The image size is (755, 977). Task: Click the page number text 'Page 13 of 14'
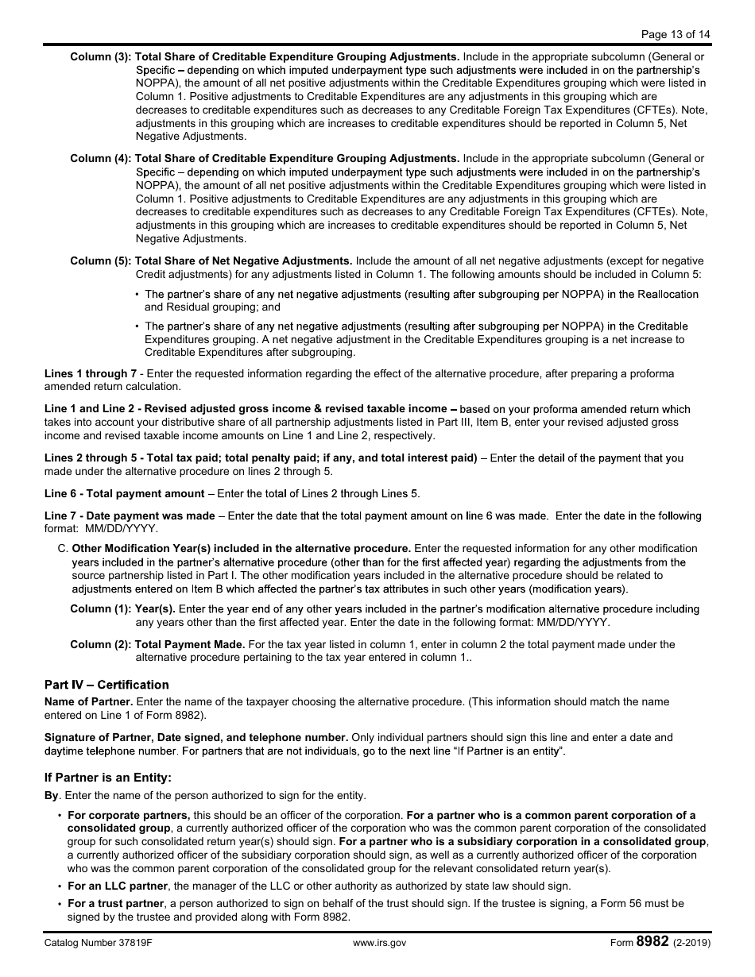[x=675, y=33]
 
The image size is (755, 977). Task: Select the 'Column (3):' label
[x=101, y=57]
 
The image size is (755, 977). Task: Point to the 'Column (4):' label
[x=101, y=159]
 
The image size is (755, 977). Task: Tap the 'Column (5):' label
[x=101, y=261]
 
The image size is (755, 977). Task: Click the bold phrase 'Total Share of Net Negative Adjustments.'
[x=244, y=261]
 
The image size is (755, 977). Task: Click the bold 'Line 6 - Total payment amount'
[x=125, y=494]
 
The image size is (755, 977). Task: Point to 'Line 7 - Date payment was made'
[x=130, y=516]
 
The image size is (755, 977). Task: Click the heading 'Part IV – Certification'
[x=106, y=685]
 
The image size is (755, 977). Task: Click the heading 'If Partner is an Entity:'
[x=108, y=778]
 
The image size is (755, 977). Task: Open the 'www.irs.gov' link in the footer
[x=379, y=943]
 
